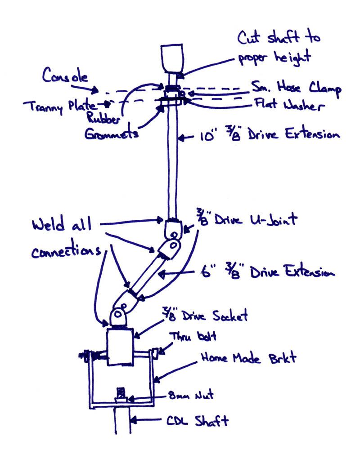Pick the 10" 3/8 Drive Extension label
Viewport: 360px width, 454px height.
[x=268, y=134]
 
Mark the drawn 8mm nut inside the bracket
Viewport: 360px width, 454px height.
[x=120, y=394]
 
